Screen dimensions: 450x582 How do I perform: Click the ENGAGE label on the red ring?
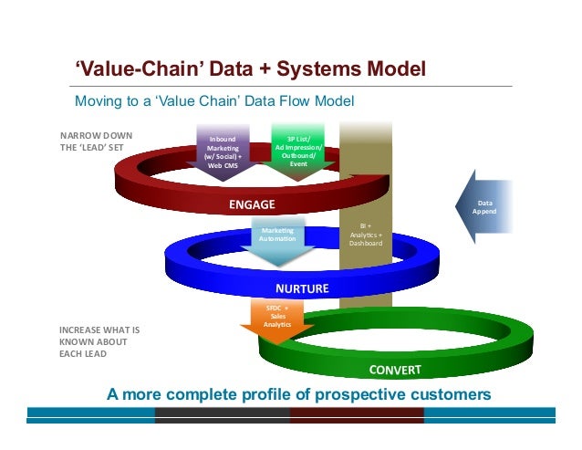click(252, 203)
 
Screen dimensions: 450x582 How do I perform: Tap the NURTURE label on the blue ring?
click(296, 288)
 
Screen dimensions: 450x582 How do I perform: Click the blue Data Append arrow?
click(482, 206)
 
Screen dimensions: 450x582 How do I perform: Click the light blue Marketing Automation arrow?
click(277, 241)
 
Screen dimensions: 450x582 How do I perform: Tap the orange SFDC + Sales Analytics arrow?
click(276, 320)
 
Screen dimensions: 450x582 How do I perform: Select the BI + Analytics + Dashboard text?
click(366, 235)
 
